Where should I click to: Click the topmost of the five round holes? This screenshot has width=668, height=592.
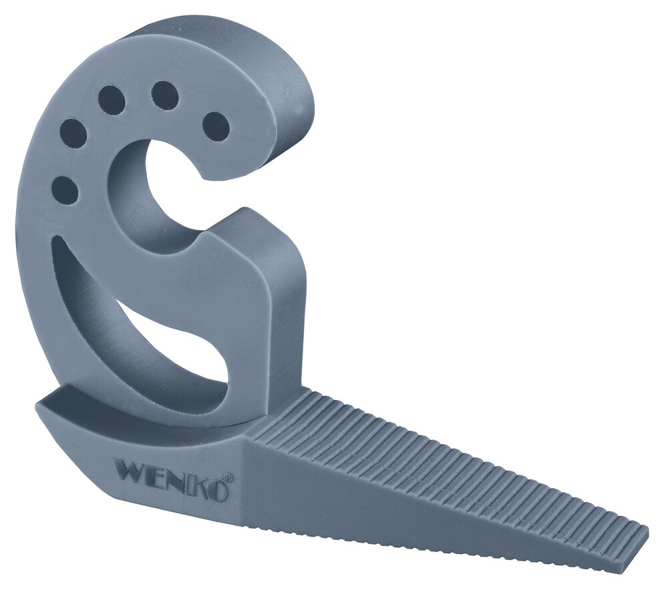(x=164, y=94)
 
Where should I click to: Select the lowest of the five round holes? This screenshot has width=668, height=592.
(x=64, y=189)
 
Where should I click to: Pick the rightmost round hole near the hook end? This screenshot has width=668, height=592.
(x=215, y=126)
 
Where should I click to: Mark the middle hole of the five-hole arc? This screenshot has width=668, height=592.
(x=112, y=100)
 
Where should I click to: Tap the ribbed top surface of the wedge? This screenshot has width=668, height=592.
(x=434, y=455)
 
